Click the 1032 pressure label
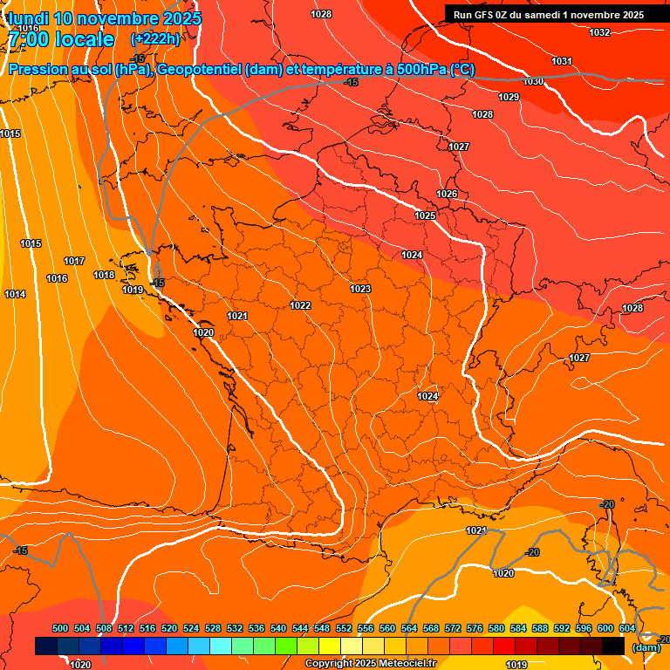599,32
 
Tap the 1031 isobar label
562,61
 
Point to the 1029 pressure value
509,97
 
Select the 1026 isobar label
447,194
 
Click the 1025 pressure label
425,215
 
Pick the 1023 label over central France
360,289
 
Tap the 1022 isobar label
300,305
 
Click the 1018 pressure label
104,275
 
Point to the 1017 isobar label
74,261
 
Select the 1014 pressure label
15,294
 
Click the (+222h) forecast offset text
154,39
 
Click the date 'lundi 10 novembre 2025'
105,18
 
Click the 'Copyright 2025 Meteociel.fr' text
370,664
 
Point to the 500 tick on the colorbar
60,628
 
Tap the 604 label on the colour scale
627,628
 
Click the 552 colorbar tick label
344,628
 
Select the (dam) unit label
646,647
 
